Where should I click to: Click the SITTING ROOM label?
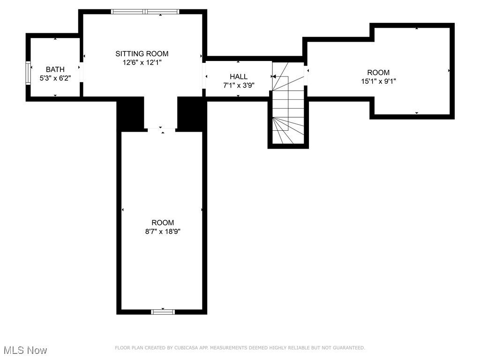point(142,54)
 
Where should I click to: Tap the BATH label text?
point(55,69)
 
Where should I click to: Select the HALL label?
point(239,76)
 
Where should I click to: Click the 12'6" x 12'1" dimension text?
point(142,63)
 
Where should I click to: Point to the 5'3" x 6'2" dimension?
point(55,78)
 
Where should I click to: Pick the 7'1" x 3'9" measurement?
point(239,85)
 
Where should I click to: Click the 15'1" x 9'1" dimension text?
point(378,82)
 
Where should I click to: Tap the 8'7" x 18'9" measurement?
point(163,232)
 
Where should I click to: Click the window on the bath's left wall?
point(28,73)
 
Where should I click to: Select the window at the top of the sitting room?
point(145,12)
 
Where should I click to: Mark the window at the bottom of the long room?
point(163,312)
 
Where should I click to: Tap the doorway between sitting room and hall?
point(204,75)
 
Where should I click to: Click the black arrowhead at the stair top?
point(274,76)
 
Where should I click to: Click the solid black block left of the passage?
point(130,114)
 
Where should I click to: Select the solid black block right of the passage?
point(192,114)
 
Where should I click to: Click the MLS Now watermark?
point(25,350)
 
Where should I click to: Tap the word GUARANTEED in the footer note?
point(349,348)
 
